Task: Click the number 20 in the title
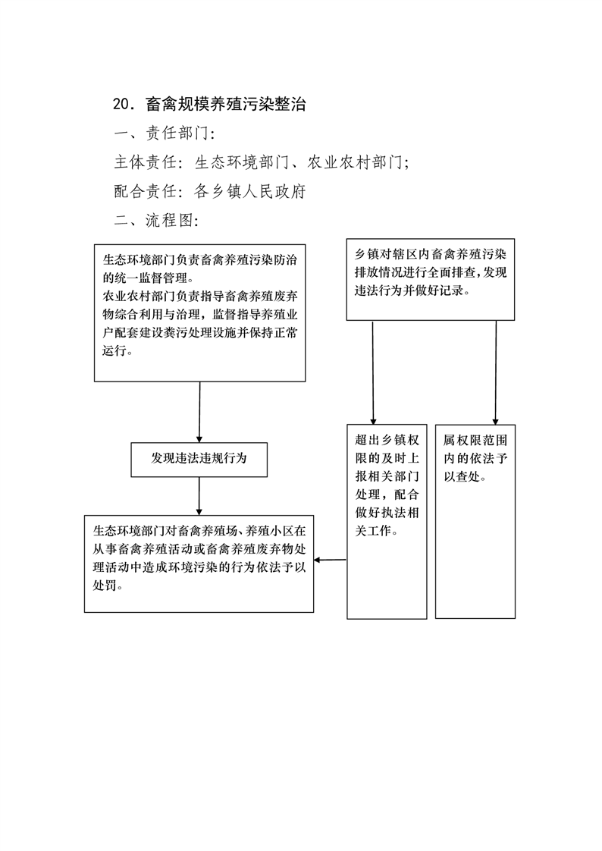120,104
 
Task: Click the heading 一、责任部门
165,133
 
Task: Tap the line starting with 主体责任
262,162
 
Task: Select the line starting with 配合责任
210,191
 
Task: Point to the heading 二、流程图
156,221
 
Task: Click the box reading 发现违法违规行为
199,460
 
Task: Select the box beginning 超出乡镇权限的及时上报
387,522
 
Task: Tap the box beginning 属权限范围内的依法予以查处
475,522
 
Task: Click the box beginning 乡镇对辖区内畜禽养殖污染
431,280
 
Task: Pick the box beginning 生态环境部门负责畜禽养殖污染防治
199,313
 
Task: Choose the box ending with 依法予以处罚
199,564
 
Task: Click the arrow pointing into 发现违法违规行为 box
199,412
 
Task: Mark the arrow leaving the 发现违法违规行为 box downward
199,496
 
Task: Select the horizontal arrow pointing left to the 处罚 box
331,560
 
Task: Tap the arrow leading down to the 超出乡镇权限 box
372,372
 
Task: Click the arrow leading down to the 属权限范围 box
496,372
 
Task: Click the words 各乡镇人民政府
250,191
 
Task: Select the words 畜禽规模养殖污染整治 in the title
226,104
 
